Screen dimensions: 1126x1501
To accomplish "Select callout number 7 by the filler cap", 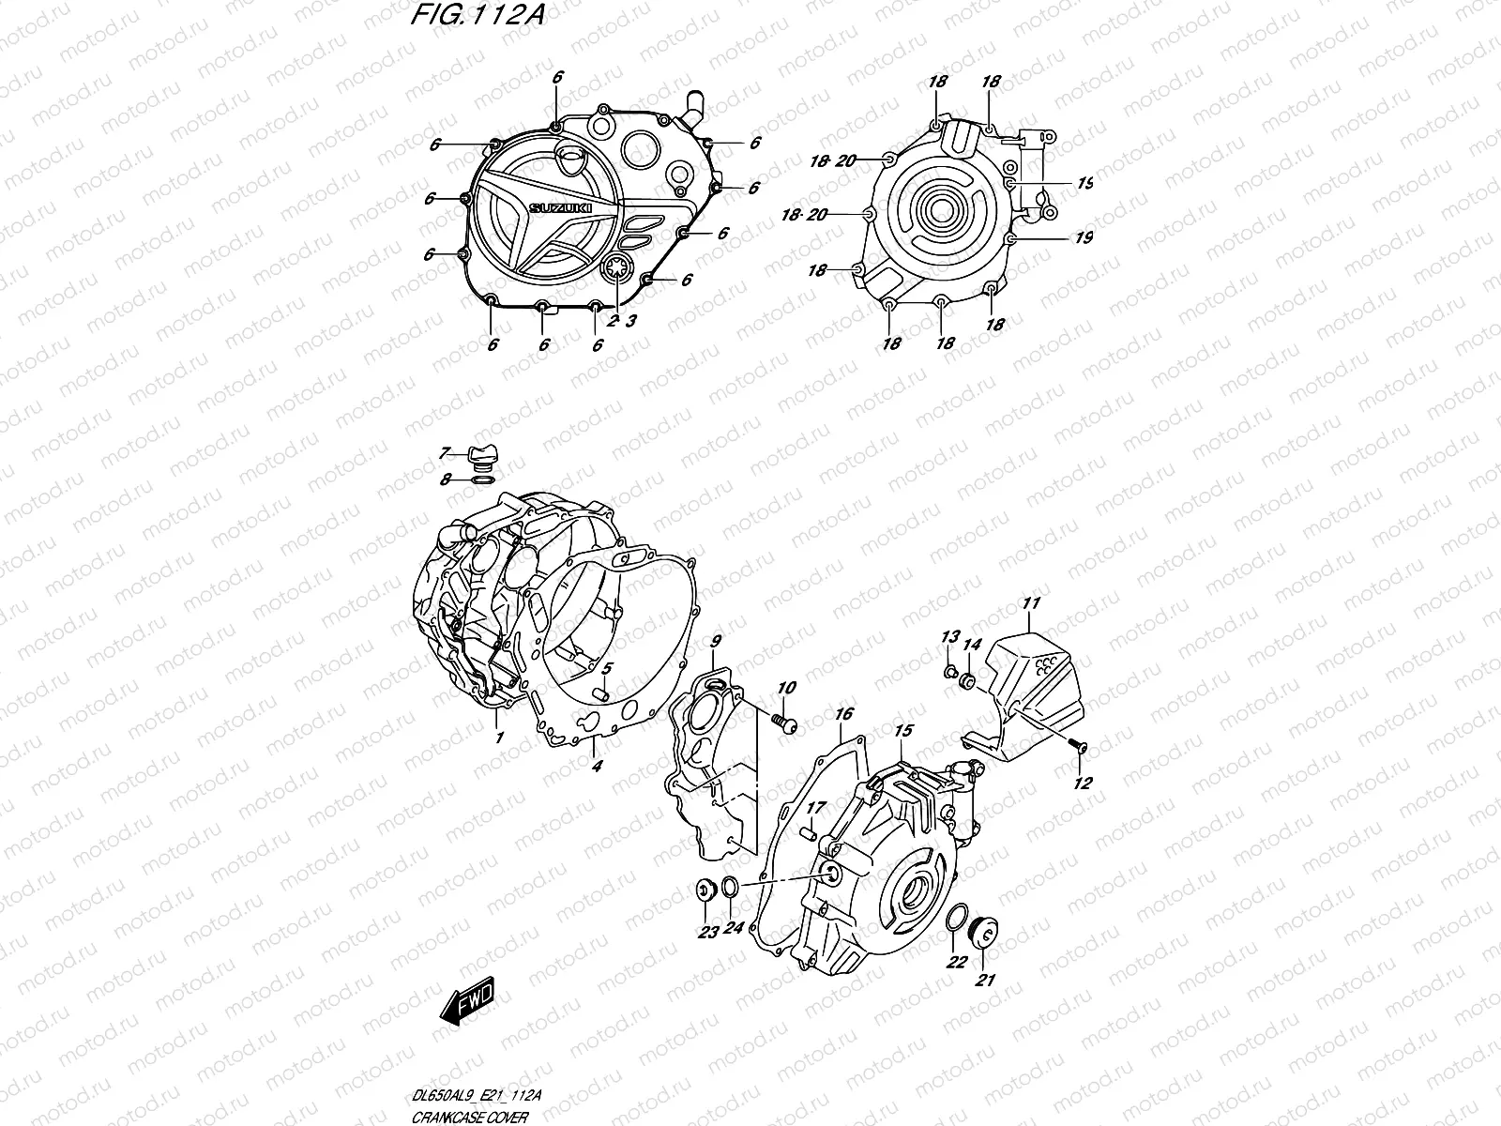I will coord(446,454).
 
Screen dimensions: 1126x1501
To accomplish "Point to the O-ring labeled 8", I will coord(481,480).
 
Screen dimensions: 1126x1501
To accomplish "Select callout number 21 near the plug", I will coord(986,981).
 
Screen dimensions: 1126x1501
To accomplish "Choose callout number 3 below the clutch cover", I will coord(631,321).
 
